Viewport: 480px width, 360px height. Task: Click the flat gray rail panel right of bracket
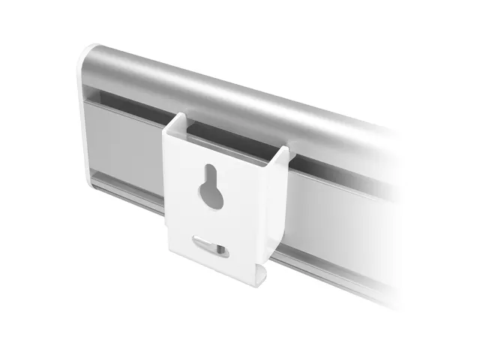pos(337,214)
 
